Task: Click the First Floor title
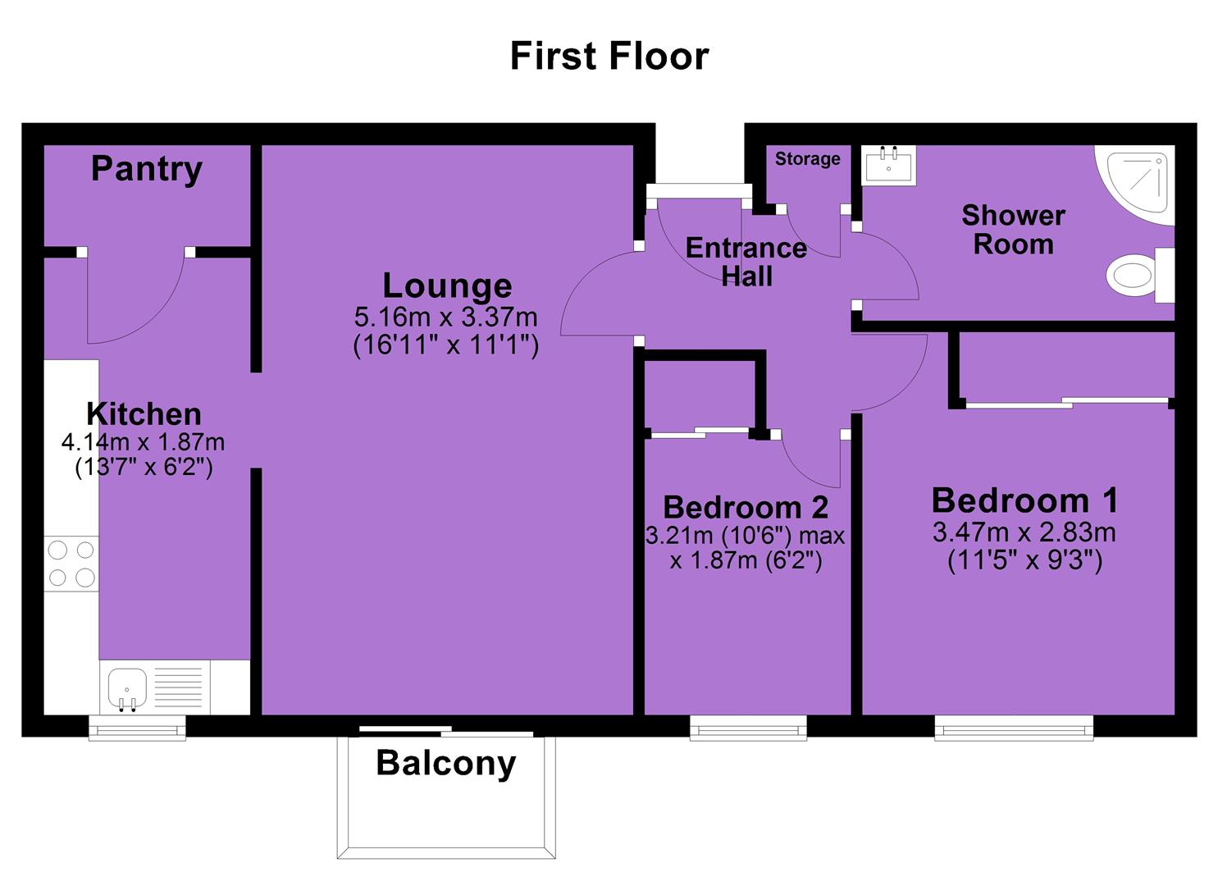point(609,56)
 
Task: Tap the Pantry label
point(146,170)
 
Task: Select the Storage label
point(807,159)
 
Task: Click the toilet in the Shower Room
point(1140,275)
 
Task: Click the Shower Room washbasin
point(888,165)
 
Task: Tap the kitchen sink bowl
point(127,689)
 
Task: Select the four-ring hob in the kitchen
point(71,564)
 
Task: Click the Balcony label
point(446,764)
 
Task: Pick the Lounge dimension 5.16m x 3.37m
point(446,317)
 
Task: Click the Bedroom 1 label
point(1024,500)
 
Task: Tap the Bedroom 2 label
point(746,508)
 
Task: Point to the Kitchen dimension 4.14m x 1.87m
point(143,442)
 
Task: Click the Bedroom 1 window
point(1014,728)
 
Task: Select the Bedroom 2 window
point(748,728)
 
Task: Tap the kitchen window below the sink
point(137,728)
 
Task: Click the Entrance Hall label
point(746,263)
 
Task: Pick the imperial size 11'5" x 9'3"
point(1024,560)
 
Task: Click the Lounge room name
point(447,286)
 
